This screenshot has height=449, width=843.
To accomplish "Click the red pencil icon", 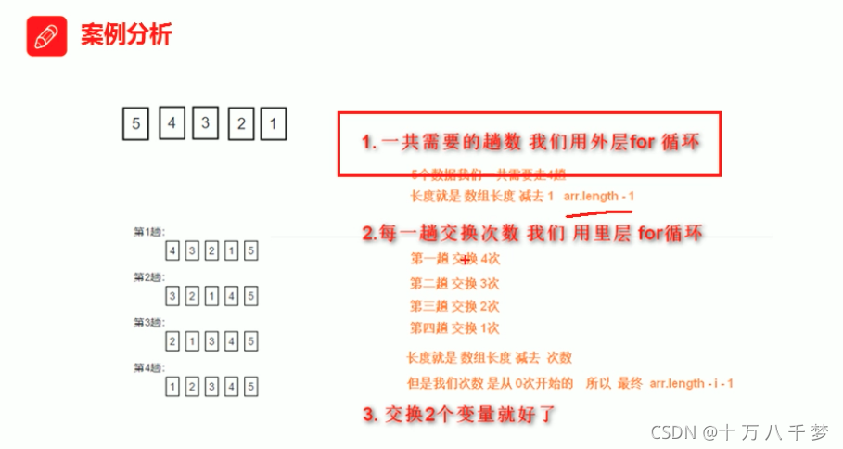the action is pyautogui.click(x=44, y=36).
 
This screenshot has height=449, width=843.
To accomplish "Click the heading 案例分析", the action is pyautogui.click(x=126, y=36).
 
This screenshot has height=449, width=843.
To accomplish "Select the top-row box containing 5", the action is pyautogui.click(x=135, y=124).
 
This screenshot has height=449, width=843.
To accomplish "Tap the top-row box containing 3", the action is pyautogui.click(x=206, y=124).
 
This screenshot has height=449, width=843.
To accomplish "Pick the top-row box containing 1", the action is pyautogui.click(x=273, y=124).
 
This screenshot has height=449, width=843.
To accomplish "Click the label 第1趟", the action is pyautogui.click(x=148, y=232).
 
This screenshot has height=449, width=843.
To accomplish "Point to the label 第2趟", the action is pyautogui.click(x=148, y=277).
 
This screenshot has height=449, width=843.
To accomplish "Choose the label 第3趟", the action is pyautogui.click(x=148, y=322).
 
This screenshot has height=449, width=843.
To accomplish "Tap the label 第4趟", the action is pyautogui.click(x=148, y=367).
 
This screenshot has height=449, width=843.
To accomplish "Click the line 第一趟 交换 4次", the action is pyautogui.click(x=454, y=259).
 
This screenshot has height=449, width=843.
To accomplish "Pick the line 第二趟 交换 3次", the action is pyautogui.click(x=454, y=283).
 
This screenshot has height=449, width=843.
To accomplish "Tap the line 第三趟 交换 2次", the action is pyautogui.click(x=454, y=305).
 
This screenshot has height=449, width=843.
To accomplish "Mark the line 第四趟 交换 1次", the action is pyautogui.click(x=454, y=327).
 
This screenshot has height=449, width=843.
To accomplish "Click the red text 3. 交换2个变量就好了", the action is pyautogui.click(x=458, y=414).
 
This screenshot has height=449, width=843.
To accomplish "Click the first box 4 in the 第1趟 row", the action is pyautogui.click(x=172, y=250).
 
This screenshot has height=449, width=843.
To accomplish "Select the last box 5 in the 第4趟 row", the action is pyautogui.click(x=251, y=386).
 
